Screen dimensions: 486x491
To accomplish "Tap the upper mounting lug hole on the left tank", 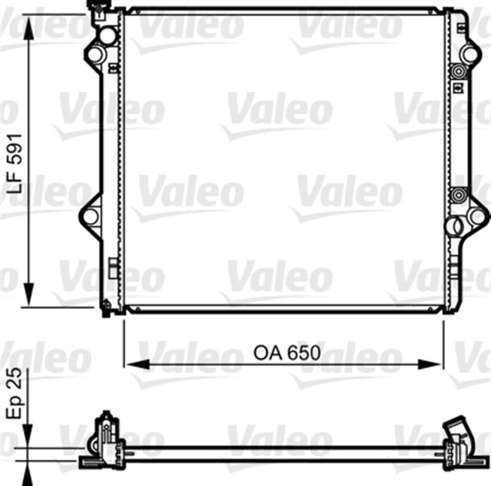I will coord(94,55).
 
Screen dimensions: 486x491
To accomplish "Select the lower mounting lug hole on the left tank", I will coord(91,217).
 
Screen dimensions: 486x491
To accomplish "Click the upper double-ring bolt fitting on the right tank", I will coord(460,72).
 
